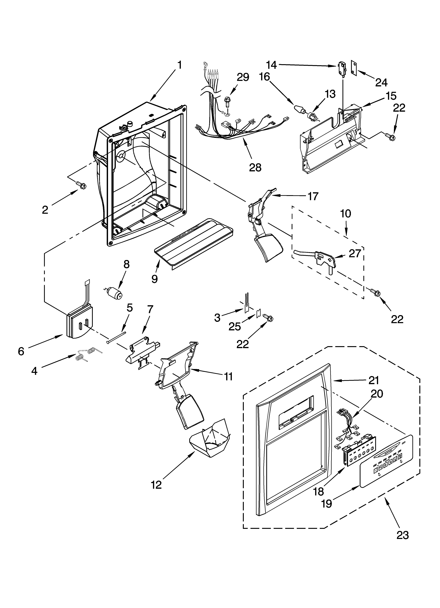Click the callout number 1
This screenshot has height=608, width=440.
click(x=179, y=65)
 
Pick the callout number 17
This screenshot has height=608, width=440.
click(x=313, y=196)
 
